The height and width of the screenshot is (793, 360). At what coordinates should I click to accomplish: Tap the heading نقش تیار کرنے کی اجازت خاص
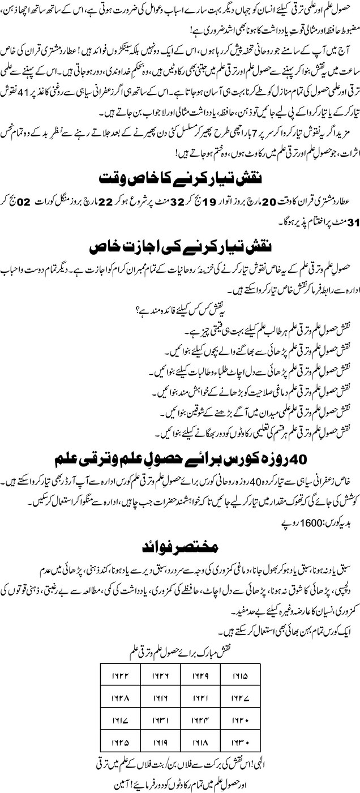coord(180,247)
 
